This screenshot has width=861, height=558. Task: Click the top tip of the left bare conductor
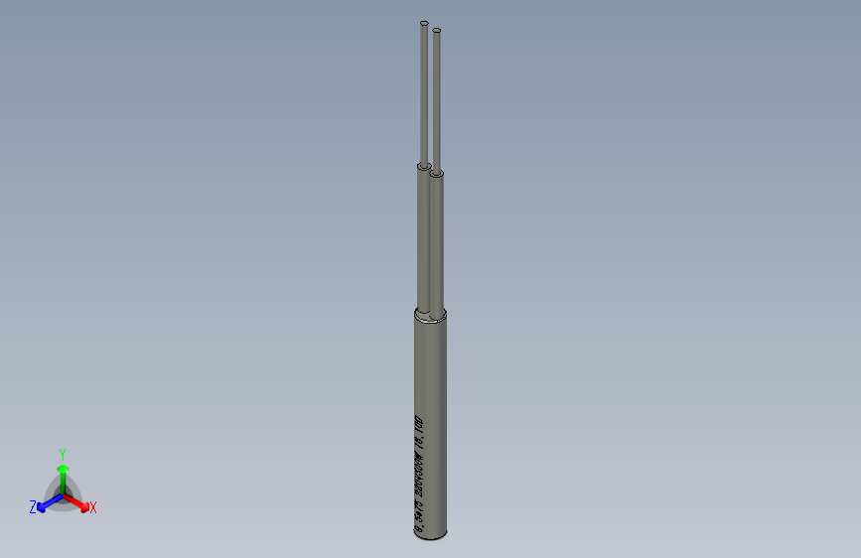point(424,23)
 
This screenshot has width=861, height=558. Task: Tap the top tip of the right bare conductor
point(436,31)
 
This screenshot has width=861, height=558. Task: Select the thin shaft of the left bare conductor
point(424,89)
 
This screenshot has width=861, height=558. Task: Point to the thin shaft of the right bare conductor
point(437,99)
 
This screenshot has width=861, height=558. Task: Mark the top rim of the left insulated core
point(423,165)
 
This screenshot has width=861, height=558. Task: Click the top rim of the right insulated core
point(437,174)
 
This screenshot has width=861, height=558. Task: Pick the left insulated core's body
point(421,238)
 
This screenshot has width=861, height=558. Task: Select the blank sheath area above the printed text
point(429,367)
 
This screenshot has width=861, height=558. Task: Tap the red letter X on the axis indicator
point(93,508)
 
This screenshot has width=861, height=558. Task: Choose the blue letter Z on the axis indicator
point(33,507)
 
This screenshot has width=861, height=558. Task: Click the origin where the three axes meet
point(63,494)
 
